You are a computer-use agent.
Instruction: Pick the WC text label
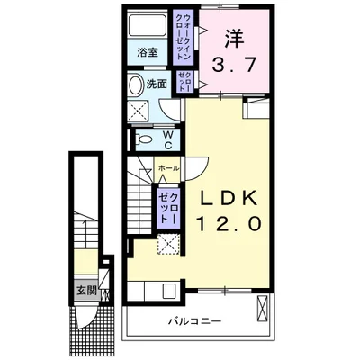(x=168, y=139)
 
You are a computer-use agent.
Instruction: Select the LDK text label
(x=228, y=198)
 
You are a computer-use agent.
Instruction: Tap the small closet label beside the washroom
(x=184, y=80)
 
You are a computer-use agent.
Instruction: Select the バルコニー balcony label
(x=193, y=320)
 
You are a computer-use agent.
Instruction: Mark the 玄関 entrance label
(x=86, y=290)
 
